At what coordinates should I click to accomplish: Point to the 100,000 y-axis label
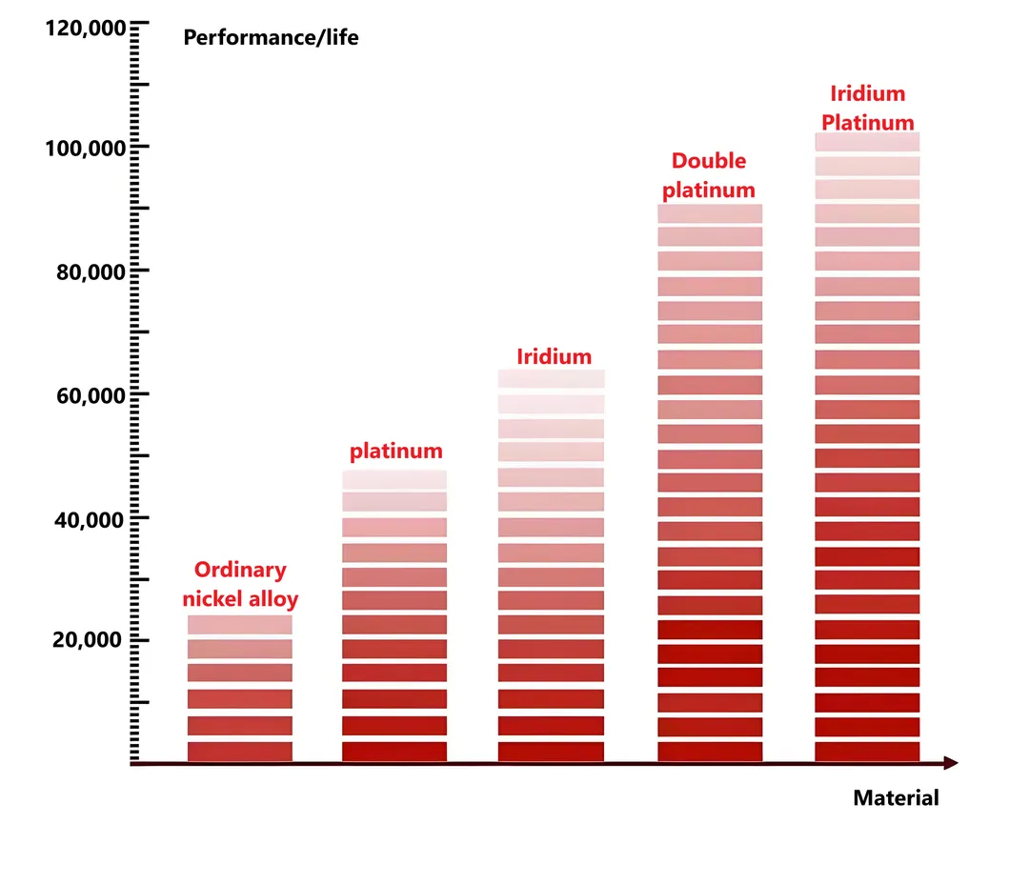(x=85, y=149)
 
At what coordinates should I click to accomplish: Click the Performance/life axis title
(x=271, y=38)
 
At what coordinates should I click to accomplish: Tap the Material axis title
(x=896, y=798)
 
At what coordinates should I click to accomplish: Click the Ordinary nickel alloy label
(x=240, y=585)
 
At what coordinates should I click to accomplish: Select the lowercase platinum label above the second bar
(x=395, y=451)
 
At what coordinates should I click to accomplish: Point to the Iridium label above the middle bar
(x=554, y=357)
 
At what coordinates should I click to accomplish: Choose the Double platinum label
(x=709, y=175)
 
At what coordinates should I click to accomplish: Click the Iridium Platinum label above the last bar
(x=867, y=109)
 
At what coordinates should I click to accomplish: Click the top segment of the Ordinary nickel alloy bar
(x=240, y=625)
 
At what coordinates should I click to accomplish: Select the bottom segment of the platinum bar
(x=394, y=752)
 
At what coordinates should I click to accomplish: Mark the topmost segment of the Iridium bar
(x=552, y=379)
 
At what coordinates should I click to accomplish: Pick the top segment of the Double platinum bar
(x=710, y=213)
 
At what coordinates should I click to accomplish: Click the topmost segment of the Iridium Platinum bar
(x=867, y=142)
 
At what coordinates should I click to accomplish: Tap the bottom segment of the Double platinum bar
(x=710, y=752)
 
